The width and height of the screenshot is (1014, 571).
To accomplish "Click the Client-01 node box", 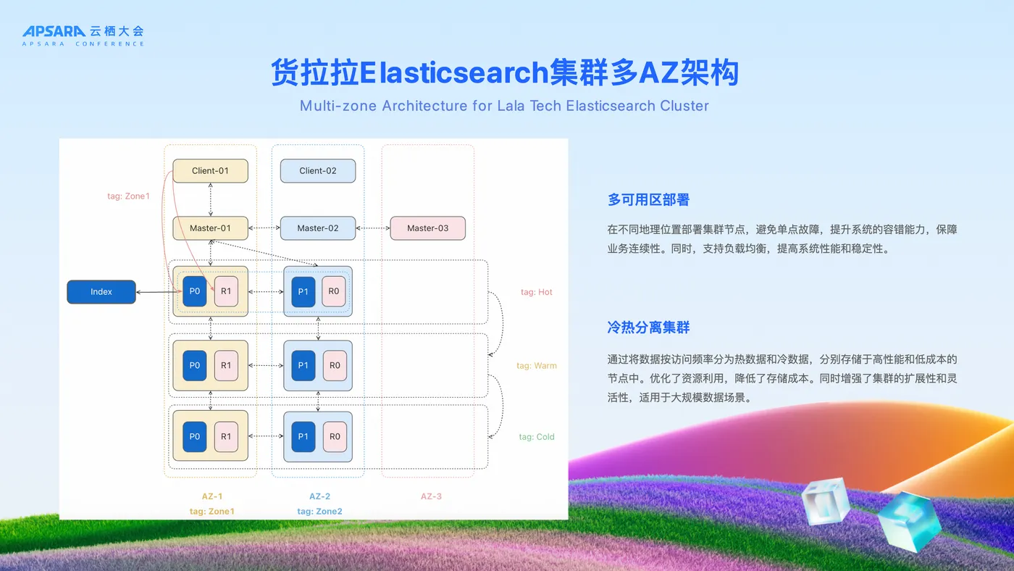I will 210,171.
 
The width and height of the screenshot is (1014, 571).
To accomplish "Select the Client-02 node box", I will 318,171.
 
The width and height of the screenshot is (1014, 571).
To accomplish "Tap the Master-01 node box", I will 210,228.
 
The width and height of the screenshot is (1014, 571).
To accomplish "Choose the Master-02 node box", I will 318,228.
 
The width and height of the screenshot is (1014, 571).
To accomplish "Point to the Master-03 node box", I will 427,228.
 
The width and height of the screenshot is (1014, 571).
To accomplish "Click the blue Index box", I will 101,292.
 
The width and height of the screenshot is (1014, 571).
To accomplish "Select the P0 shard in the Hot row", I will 195,291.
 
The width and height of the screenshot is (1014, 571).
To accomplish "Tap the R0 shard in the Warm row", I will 335,366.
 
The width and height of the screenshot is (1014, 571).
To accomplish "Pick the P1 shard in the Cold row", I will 303,437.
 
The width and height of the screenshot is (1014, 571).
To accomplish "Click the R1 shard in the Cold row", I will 226,437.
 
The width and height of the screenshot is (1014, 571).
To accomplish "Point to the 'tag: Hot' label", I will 536,292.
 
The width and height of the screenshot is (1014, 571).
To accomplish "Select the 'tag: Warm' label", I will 536,366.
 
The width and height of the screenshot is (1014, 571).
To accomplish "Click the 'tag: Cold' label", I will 536,437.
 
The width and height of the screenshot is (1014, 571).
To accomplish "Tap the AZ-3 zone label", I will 431,496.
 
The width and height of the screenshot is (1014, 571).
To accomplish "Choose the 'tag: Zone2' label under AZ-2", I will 319,512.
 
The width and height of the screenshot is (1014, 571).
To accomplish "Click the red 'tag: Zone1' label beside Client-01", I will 128,196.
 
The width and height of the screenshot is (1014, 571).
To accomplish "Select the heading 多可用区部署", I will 648,200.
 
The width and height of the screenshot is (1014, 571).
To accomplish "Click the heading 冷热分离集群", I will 648,328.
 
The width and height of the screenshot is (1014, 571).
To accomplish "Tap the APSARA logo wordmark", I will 54,31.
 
